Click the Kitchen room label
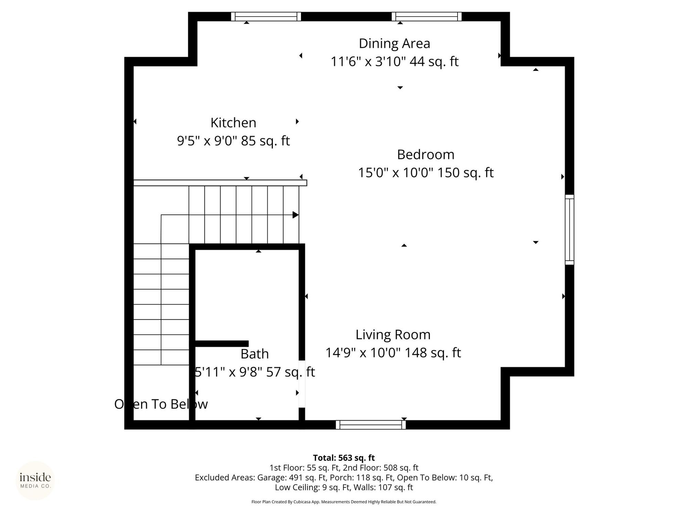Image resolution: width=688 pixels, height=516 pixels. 233,123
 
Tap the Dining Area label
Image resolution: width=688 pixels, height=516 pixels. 395,44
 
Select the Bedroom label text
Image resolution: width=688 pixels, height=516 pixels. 426,155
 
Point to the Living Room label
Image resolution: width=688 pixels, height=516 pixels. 393,335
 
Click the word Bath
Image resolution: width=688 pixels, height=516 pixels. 255,354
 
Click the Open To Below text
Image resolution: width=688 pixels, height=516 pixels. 161,404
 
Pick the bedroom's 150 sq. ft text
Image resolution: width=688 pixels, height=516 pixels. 465,173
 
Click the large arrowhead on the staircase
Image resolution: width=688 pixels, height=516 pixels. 295,215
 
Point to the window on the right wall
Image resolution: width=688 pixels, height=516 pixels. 570,230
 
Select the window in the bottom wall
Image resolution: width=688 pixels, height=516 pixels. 371,425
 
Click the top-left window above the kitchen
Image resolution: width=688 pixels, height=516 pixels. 266,17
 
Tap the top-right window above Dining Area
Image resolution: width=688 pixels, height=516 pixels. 427,17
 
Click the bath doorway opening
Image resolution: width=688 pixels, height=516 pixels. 302,384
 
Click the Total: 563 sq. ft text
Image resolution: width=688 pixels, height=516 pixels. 344,458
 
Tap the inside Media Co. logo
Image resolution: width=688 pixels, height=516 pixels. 35,480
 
